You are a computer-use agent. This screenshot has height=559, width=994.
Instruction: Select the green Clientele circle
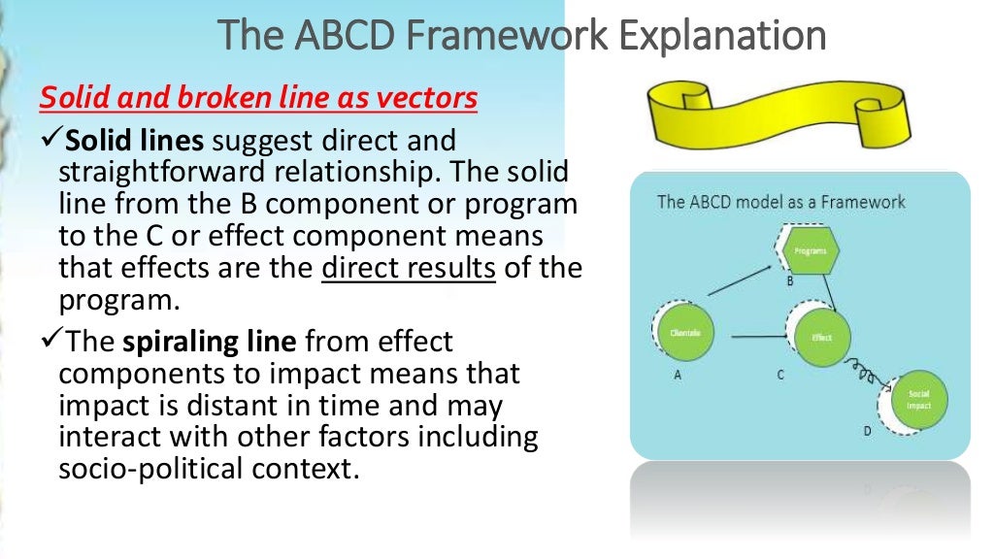coord(685,333)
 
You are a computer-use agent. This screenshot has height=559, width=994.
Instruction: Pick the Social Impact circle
coord(918,399)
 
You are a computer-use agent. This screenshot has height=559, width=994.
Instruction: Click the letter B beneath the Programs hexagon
coord(789,281)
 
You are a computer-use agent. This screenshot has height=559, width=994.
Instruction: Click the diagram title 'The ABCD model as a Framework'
coord(780,202)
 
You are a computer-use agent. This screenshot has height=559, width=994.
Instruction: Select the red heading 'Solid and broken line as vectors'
coord(258,98)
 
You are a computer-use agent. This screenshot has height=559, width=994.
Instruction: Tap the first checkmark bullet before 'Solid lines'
coord(50,142)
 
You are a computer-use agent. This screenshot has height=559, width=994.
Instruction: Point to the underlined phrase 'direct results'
coord(408,268)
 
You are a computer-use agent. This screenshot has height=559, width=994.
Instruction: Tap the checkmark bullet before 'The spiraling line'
coord(50,343)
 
